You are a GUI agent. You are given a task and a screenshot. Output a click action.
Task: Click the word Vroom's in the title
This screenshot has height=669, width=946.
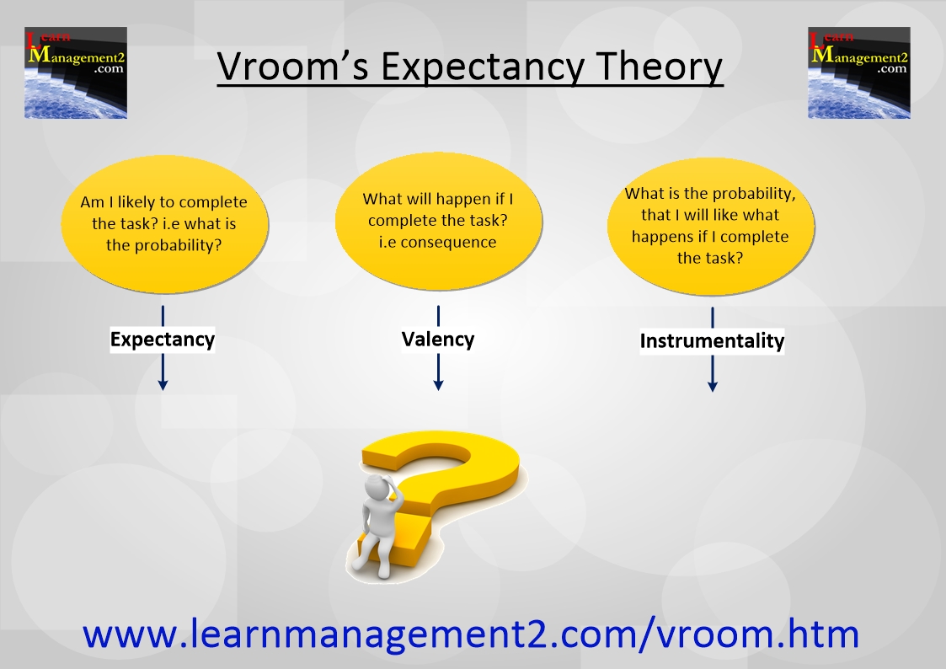click(292, 66)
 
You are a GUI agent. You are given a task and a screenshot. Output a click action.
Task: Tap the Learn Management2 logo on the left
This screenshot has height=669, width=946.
click(76, 72)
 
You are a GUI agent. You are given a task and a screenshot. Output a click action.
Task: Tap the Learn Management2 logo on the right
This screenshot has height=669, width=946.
click(859, 72)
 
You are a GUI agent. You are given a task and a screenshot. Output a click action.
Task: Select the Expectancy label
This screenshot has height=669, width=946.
click(163, 340)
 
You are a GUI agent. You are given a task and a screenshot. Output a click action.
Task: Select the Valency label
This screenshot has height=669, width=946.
click(438, 339)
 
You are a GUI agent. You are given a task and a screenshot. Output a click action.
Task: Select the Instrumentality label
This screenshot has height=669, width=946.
click(712, 341)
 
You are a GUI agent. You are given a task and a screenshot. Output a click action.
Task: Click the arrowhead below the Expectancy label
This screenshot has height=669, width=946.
click(163, 384)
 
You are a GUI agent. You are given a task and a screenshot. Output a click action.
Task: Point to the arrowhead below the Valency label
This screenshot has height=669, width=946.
click(439, 384)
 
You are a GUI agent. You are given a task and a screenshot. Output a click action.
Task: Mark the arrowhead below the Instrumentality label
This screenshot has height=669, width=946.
click(713, 385)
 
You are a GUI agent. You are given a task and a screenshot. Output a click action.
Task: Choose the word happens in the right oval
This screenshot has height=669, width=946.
click(660, 237)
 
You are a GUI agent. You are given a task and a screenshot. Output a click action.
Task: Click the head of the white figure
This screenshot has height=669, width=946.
click(379, 485)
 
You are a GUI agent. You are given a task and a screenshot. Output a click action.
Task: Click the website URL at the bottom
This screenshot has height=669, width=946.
click(471, 634)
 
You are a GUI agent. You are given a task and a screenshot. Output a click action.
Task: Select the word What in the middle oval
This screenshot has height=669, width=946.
click(382, 199)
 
